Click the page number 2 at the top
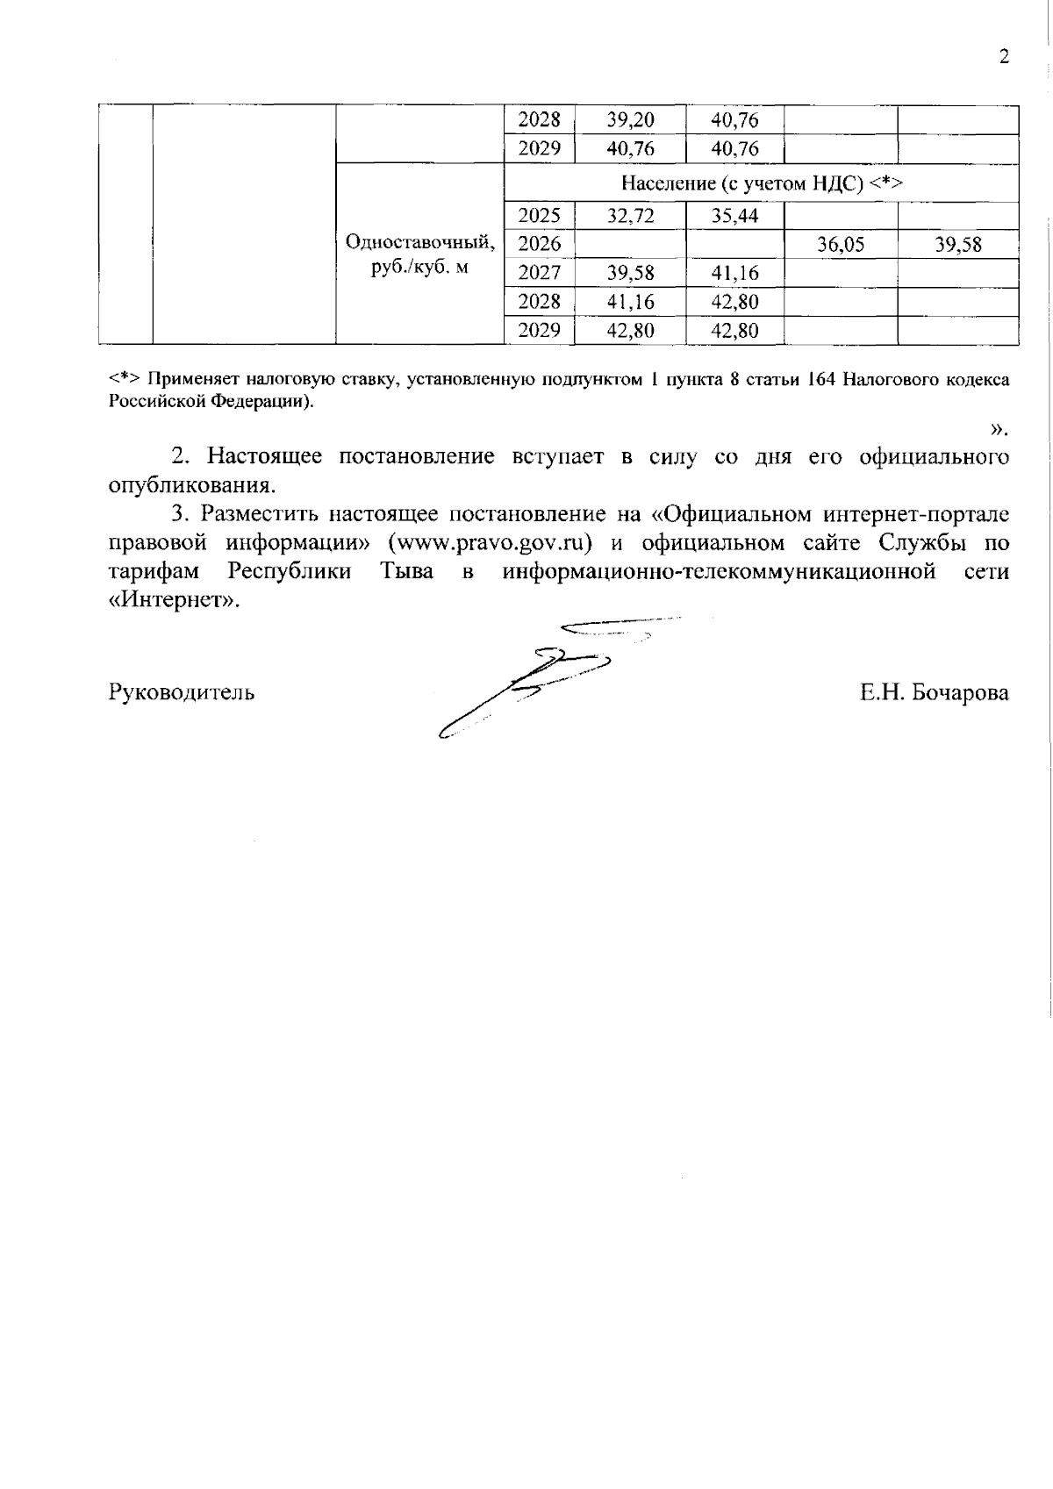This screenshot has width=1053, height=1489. [1004, 58]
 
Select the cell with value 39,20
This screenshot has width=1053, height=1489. [630, 120]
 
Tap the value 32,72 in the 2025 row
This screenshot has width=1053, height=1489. [630, 216]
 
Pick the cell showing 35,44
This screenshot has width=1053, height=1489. [734, 216]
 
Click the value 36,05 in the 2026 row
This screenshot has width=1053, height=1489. [841, 245]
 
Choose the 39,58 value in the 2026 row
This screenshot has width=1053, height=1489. [957, 245]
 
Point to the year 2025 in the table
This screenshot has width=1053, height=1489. [539, 216]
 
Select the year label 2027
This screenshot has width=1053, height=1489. [539, 273]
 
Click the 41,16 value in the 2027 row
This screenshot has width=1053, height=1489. [734, 273]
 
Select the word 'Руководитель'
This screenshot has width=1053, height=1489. [182, 692]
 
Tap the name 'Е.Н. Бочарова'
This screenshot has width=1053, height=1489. [934, 692]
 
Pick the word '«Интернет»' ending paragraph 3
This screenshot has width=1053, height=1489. [174, 601]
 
